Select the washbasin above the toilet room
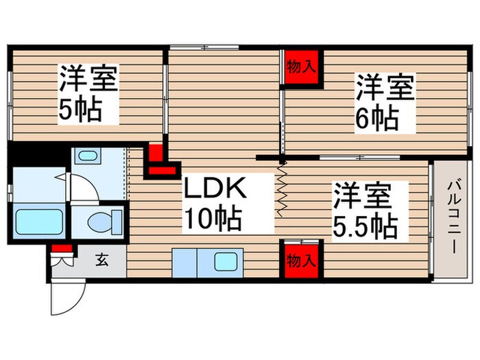86,156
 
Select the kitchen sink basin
225,261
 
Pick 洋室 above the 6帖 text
384,88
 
